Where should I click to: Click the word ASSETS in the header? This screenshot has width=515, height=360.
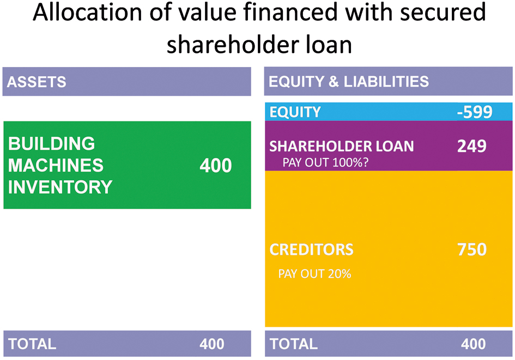(x=37, y=82)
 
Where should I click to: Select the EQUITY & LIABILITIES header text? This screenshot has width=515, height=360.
(x=349, y=81)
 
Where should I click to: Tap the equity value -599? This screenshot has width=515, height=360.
(x=475, y=112)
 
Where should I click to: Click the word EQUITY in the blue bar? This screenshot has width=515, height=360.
(x=295, y=112)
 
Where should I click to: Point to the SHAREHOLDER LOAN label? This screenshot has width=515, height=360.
(x=342, y=147)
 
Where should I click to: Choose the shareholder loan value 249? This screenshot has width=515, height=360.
(x=471, y=146)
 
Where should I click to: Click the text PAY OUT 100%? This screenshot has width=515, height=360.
(x=325, y=162)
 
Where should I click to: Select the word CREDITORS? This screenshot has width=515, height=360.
(x=311, y=249)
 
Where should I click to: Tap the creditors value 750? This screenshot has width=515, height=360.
(x=471, y=249)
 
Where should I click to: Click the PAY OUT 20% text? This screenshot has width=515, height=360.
(x=314, y=274)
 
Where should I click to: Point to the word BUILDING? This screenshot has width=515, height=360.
(x=52, y=143)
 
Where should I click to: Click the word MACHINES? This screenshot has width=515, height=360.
(x=56, y=165)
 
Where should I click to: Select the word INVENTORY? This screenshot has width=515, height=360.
(x=60, y=187)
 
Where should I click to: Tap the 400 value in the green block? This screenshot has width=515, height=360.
(x=216, y=166)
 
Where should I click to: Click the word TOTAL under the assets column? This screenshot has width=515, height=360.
(x=32, y=344)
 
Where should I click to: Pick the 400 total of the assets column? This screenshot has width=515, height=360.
(x=212, y=344)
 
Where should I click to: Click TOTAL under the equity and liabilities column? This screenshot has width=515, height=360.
(x=294, y=344)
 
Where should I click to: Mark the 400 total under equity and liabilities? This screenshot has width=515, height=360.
(x=473, y=344)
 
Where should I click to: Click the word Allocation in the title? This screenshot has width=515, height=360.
(x=87, y=12)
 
